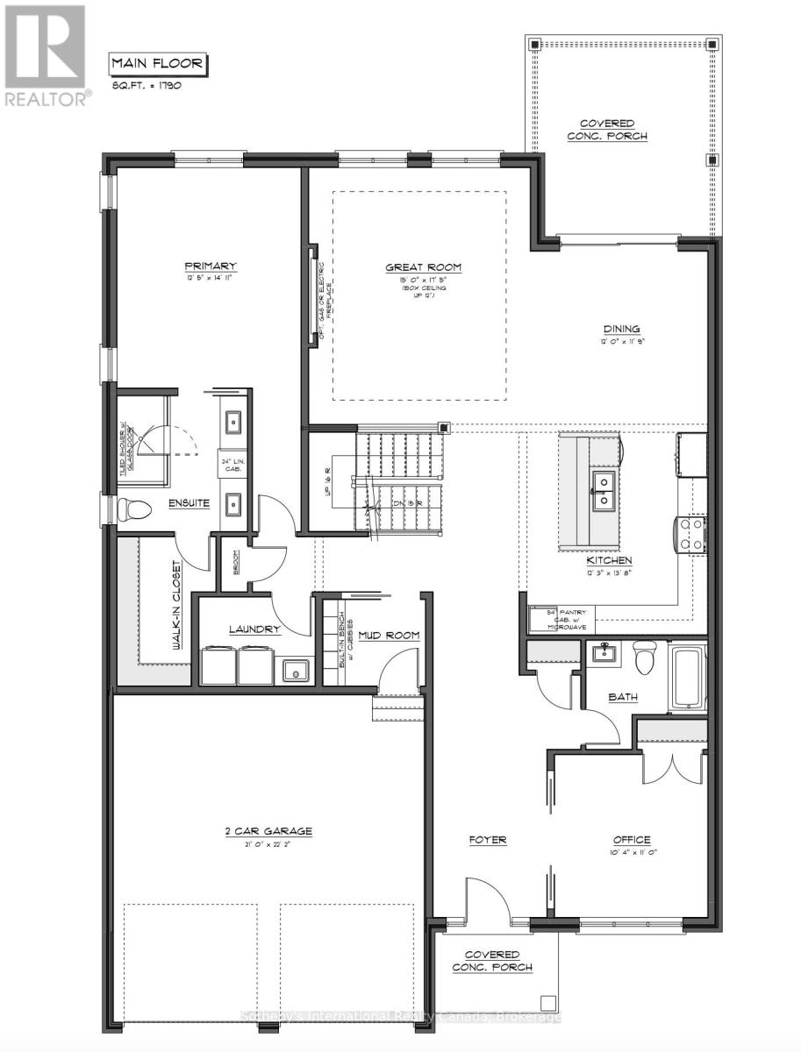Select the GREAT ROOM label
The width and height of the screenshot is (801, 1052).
(424, 268)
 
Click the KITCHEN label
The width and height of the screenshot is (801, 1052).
(610, 560)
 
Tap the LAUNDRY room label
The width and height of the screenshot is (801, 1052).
(254, 629)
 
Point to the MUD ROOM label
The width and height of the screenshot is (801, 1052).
(390, 635)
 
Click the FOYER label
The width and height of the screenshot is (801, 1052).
(488, 840)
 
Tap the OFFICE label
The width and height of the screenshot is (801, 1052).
(631, 840)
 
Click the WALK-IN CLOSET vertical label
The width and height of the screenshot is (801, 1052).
(177, 605)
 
